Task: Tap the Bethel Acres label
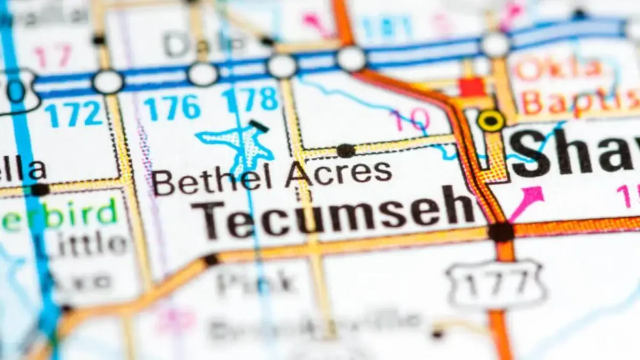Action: coord(272,177)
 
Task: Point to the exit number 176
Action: coord(172,108)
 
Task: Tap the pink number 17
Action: coord(53,55)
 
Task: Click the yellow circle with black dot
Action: coord(491,121)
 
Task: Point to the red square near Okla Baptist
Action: coord(472,87)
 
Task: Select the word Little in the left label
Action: coord(80,244)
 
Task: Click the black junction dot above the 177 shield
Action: coord(501,233)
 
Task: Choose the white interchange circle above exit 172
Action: coord(108,82)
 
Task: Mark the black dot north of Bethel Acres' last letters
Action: coord(346,151)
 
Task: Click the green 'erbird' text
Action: coord(59,212)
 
